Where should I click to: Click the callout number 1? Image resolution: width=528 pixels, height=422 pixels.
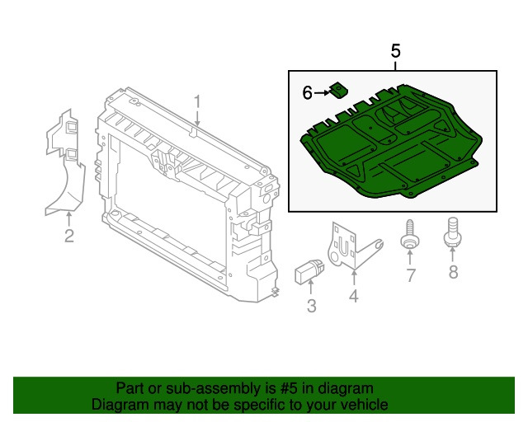click(197, 102)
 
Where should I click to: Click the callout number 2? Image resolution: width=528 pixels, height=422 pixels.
click(69, 237)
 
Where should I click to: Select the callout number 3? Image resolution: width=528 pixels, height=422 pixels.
click(311, 307)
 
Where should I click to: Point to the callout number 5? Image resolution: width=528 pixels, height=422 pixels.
click(395, 51)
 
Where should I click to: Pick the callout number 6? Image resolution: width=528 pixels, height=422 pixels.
click(307, 93)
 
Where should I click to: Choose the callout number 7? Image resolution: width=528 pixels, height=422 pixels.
click(410, 274)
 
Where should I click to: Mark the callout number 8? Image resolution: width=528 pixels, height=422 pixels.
click(453, 271)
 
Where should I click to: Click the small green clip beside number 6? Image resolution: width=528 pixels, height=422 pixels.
click(338, 90)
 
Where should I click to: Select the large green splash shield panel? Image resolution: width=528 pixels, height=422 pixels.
click(388, 152)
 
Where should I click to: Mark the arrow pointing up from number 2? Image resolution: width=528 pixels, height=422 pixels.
click(69, 218)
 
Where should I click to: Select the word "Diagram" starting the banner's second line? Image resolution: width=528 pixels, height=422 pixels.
click(119, 405)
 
